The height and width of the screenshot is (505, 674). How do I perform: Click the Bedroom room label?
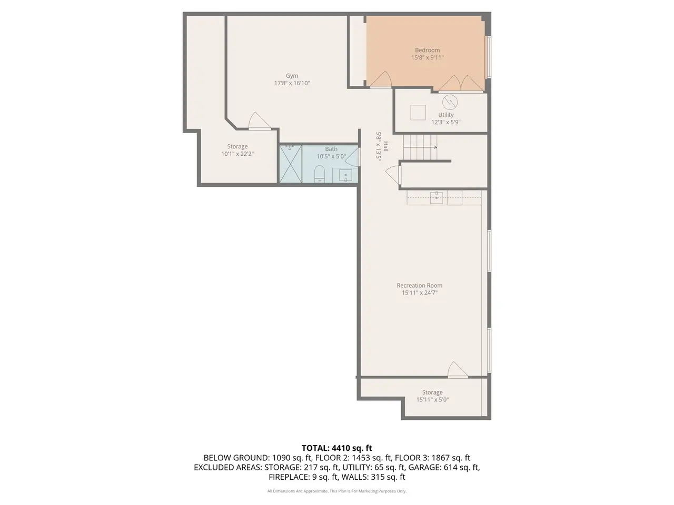click(x=427, y=50)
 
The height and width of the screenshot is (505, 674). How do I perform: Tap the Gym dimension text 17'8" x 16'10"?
click(x=292, y=83)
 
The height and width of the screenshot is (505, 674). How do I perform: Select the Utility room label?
click(x=445, y=115)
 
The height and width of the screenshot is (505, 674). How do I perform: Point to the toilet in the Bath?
click(x=319, y=174)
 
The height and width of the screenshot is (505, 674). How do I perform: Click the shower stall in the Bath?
click(x=291, y=164)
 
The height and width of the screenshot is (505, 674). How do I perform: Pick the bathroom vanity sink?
click(x=345, y=175)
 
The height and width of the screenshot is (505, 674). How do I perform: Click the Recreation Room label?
click(x=420, y=285)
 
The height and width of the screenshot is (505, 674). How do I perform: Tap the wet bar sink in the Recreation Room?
click(x=437, y=198)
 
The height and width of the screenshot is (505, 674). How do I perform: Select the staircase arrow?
click(x=420, y=147)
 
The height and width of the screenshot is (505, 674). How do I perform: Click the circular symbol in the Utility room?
click(x=450, y=103)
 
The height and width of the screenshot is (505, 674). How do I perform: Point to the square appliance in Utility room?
click(x=418, y=113)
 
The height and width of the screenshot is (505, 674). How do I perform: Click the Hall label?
click(x=386, y=146)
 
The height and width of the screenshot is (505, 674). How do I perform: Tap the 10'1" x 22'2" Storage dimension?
click(x=237, y=154)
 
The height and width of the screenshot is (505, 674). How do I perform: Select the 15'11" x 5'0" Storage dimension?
click(x=432, y=399)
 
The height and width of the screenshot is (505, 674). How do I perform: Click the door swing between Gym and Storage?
click(x=260, y=121)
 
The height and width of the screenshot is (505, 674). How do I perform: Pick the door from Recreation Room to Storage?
click(x=458, y=370)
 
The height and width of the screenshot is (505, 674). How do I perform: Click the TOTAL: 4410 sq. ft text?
click(x=337, y=448)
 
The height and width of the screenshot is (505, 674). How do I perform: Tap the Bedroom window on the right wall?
click(x=489, y=57)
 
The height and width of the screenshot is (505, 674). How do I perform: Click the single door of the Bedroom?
click(x=381, y=80)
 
